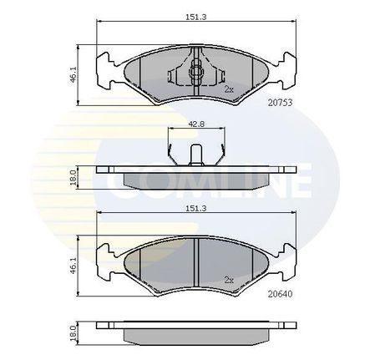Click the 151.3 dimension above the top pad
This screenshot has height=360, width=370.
coord(196,17)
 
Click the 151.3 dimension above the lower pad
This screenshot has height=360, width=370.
coord(196,208)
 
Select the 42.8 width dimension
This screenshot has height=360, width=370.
coord(196,124)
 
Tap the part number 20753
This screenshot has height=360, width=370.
coord(280,103)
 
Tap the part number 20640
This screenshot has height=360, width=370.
coord(280,294)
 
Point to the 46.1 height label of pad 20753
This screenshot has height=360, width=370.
coord(73,74)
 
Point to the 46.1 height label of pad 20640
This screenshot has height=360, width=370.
coord(73,266)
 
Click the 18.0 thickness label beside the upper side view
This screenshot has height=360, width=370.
coord(73,178)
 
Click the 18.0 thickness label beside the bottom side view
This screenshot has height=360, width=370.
coord(73,333)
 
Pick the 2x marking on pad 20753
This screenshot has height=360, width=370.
coord(229,89)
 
